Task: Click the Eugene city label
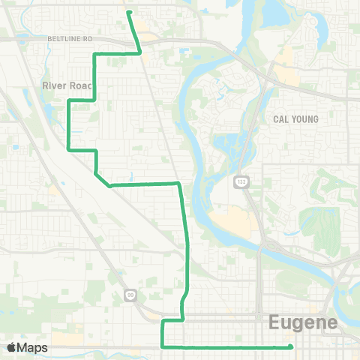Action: pyautogui.click(x=303, y=323)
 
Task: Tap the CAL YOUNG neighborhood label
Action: pyautogui.click(x=295, y=119)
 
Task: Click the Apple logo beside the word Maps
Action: pyautogui.click(x=12, y=347)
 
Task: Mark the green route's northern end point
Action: pyautogui.click(x=129, y=12)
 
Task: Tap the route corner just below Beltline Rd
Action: pyautogui.click(x=93, y=55)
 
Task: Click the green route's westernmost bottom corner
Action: pyautogui.click(x=70, y=149)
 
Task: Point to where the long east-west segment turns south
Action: pyautogui.click(x=178, y=183)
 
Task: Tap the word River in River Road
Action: pyautogui.click(x=55, y=85)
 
